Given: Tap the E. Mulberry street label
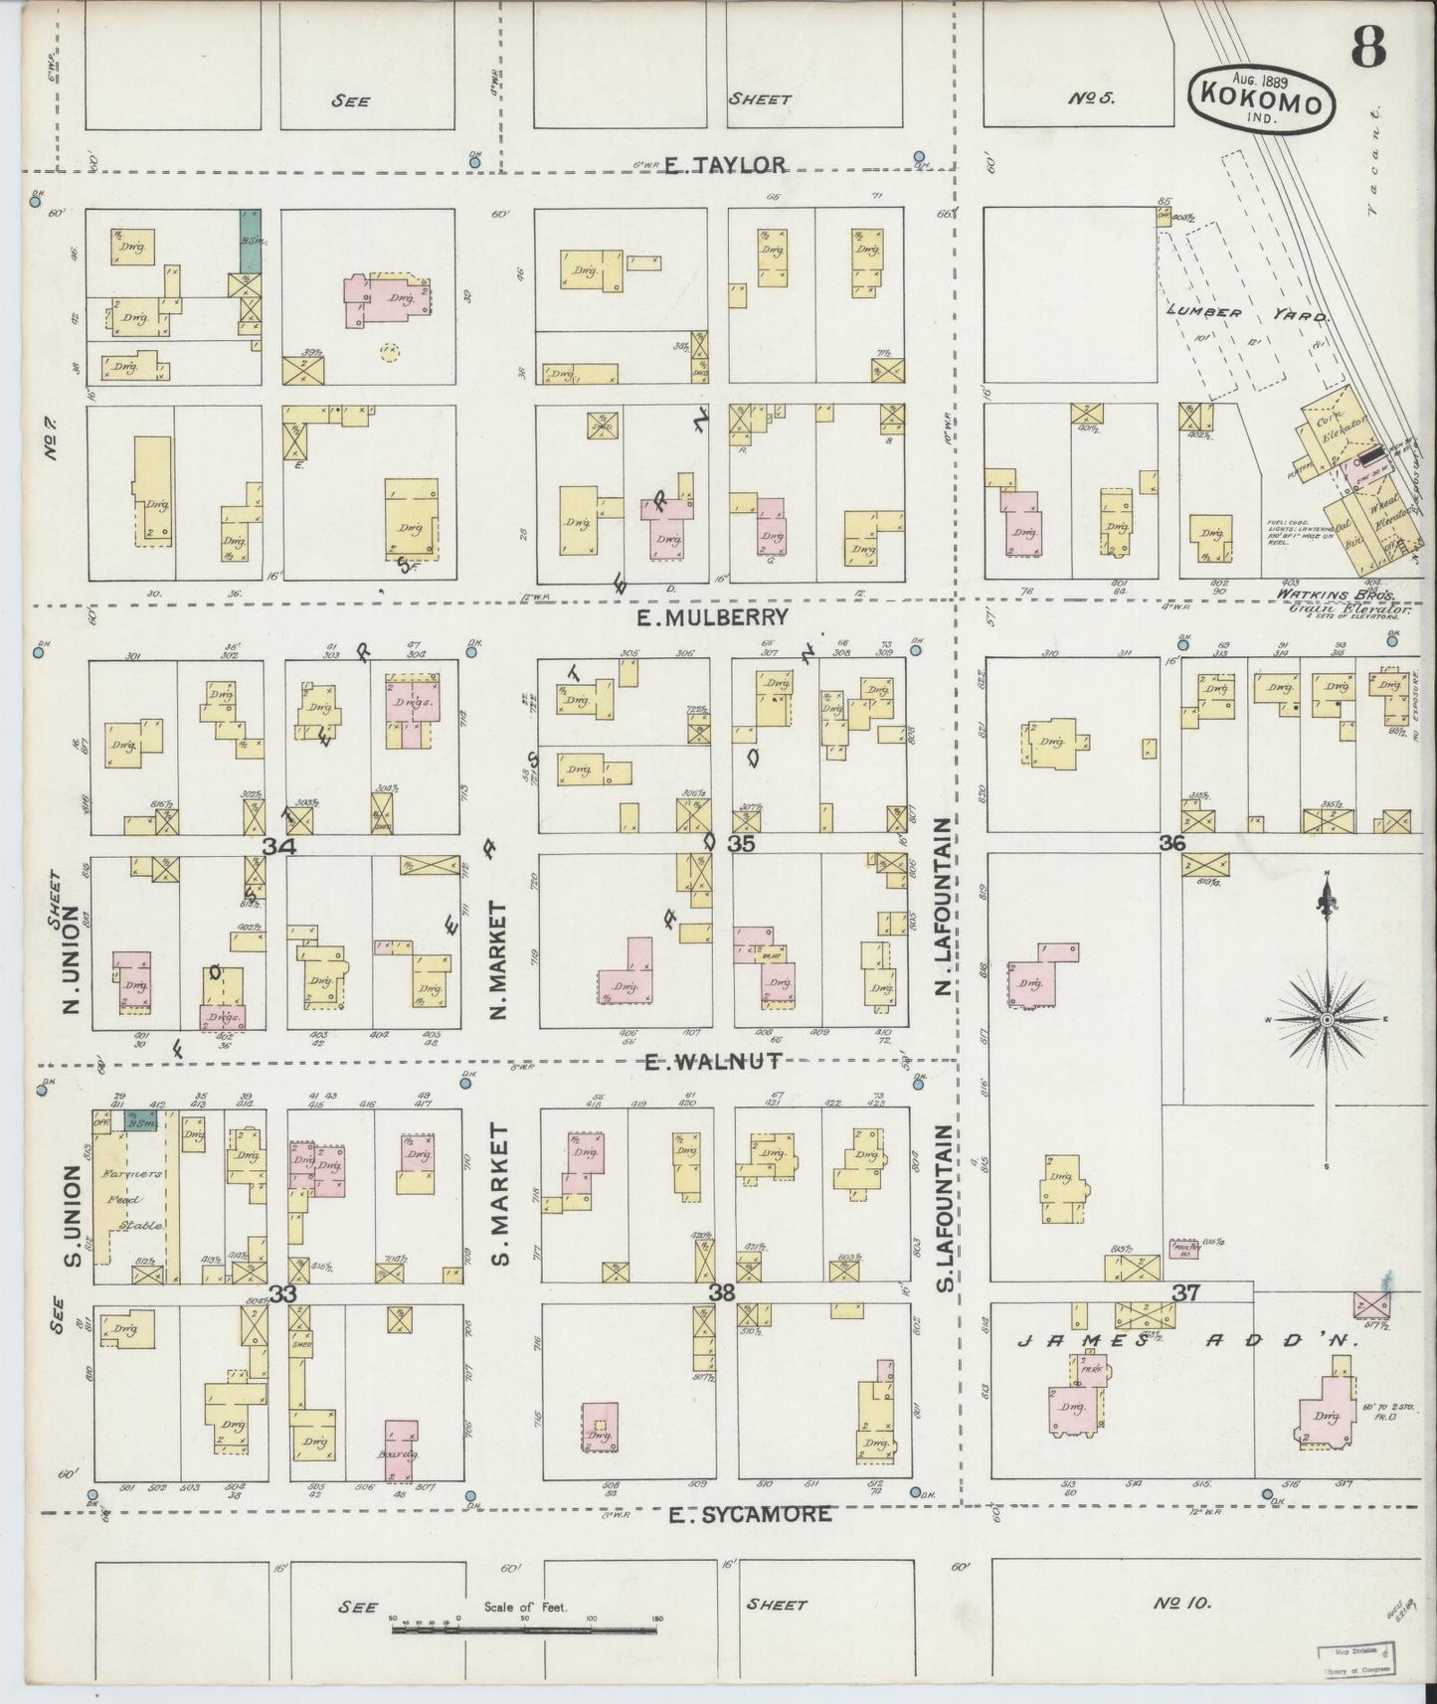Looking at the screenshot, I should [712, 617].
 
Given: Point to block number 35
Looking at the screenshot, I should [741, 844].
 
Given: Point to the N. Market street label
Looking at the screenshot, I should [500, 959].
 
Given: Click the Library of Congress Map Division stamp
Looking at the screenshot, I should [1356, 1662].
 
